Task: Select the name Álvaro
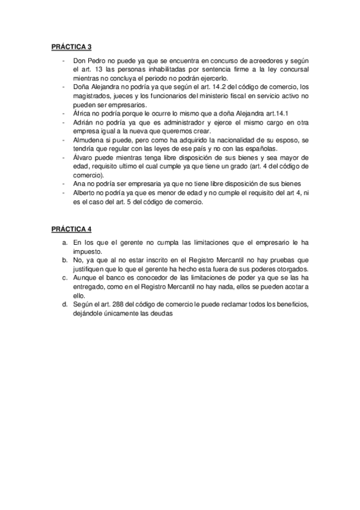(x=82, y=156)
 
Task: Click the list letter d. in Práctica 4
(x=65, y=304)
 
